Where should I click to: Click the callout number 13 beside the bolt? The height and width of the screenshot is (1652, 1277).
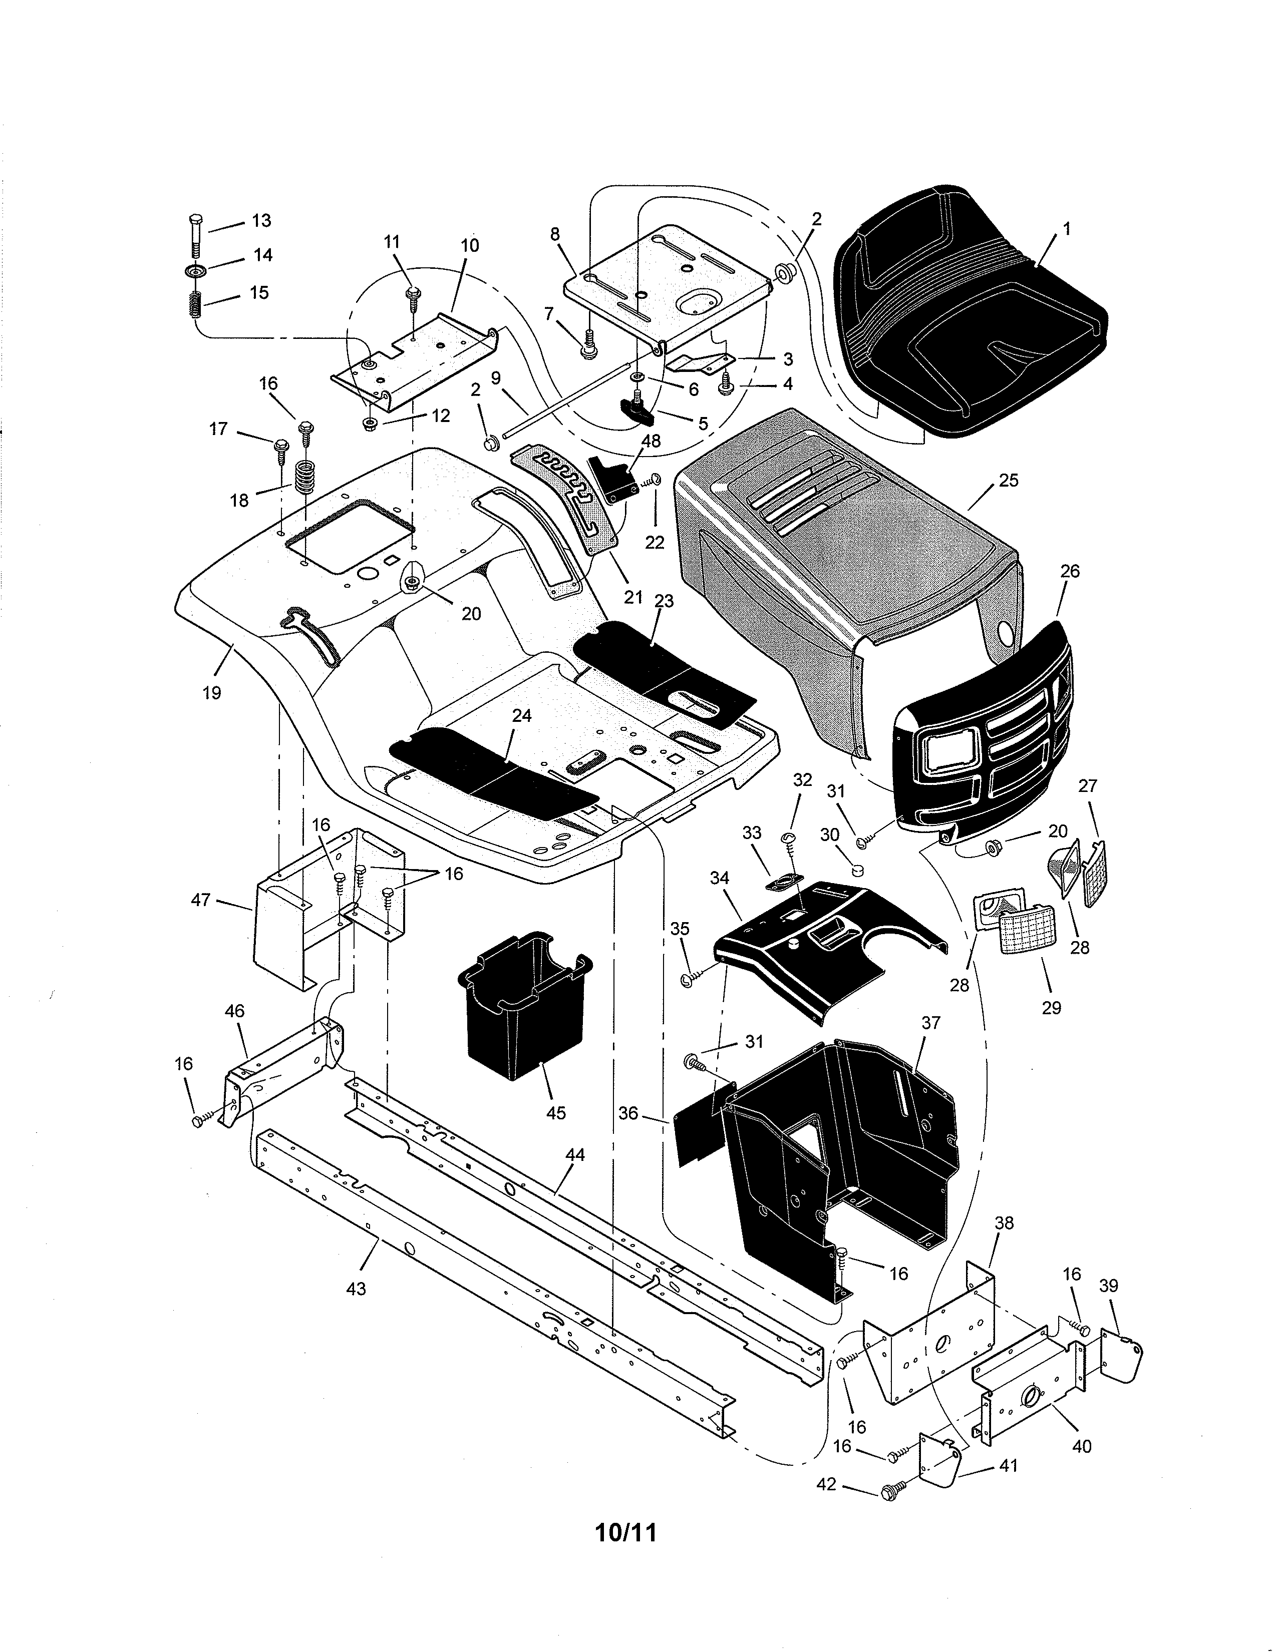261,221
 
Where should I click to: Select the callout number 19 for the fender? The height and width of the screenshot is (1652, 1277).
212,692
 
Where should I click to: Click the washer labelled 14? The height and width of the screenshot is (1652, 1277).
194,271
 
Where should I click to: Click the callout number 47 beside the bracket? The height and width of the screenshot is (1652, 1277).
200,900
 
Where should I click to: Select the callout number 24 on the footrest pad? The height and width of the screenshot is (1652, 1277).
522,715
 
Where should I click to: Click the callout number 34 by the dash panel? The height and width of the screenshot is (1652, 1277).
720,878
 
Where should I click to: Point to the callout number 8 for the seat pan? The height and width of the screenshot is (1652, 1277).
555,234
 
